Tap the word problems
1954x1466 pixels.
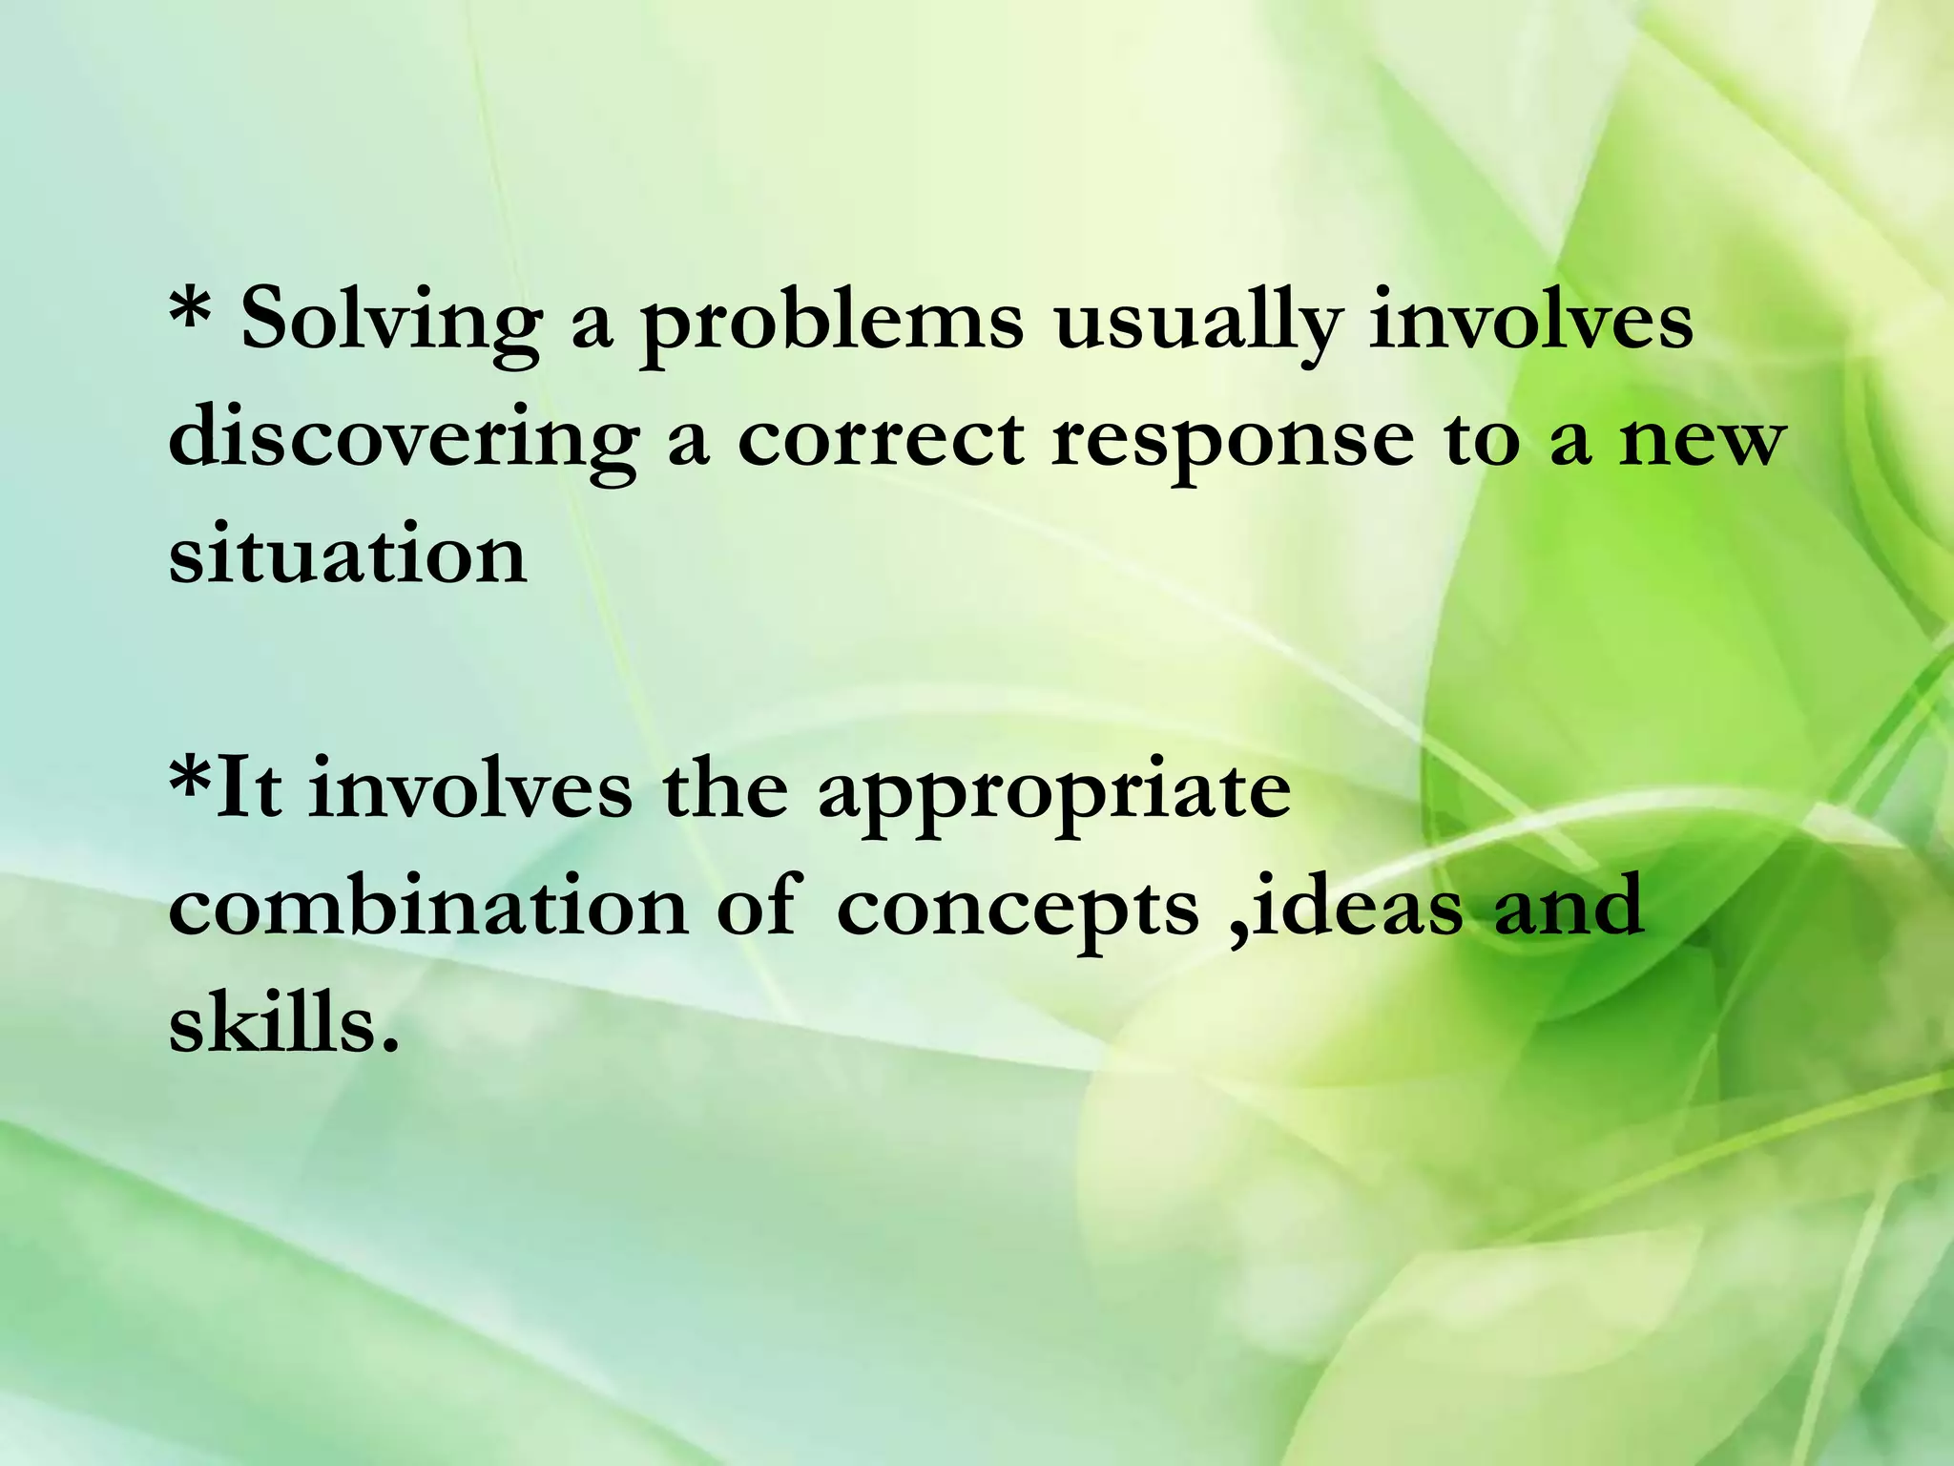[x=831, y=325]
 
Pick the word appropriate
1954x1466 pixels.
[x=1055, y=794]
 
